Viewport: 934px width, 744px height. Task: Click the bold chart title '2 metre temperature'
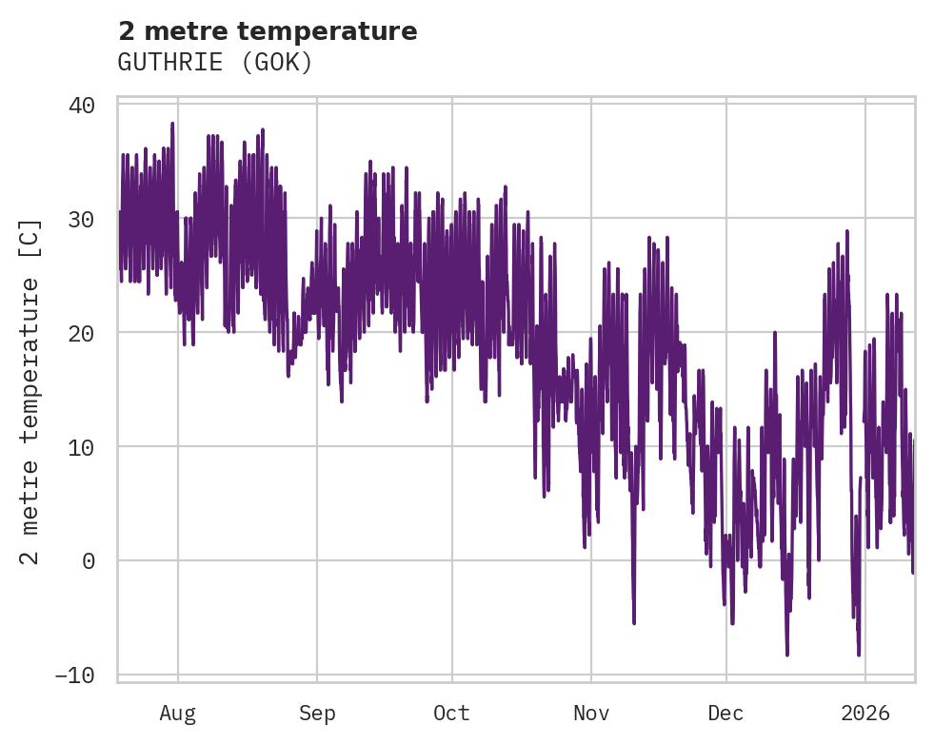click(268, 31)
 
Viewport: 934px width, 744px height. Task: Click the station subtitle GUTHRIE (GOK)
click(215, 63)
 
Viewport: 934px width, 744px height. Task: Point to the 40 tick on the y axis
click(82, 105)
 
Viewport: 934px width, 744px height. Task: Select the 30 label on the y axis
click(82, 219)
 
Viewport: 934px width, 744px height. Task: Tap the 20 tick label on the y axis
click(82, 333)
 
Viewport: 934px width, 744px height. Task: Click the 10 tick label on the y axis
click(82, 447)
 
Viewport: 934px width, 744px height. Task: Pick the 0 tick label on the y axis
click(89, 561)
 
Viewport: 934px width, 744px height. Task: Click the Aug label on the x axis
click(178, 714)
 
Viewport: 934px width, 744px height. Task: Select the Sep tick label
click(317, 714)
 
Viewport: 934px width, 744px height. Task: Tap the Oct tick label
click(451, 714)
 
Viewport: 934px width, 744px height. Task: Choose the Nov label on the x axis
click(590, 714)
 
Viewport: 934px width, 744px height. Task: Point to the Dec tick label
click(725, 714)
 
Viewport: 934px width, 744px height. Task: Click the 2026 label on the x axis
click(864, 714)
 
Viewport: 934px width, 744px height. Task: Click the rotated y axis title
click(31, 390)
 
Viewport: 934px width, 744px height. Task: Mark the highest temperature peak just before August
click(172, 124)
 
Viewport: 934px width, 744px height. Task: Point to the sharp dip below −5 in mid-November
click(634, 623)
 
